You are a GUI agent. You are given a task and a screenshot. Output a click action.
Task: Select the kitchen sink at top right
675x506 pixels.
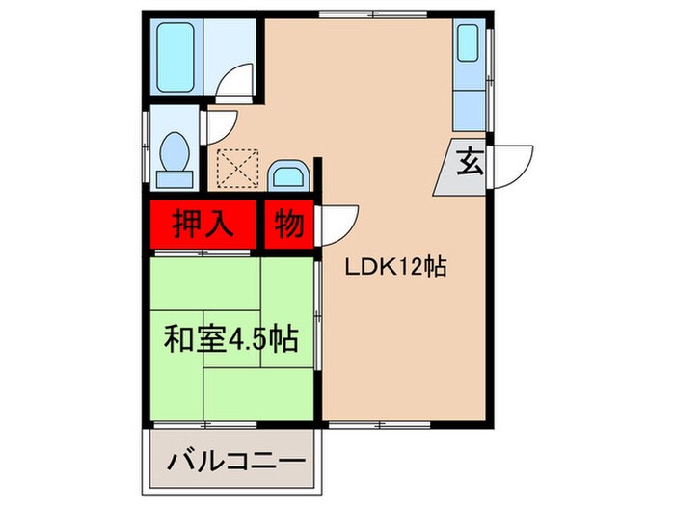click(468, 43)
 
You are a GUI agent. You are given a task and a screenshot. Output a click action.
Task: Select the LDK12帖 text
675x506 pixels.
click(395, 269)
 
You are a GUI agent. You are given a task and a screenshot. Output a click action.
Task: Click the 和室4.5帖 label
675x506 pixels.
click(230, 339)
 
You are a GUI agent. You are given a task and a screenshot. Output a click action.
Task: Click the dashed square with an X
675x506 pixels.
click(235, 168)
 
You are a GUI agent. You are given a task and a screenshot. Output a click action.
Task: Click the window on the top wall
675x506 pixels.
click(347, 13)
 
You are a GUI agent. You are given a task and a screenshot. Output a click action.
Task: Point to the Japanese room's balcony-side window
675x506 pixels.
click(202, 423)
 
